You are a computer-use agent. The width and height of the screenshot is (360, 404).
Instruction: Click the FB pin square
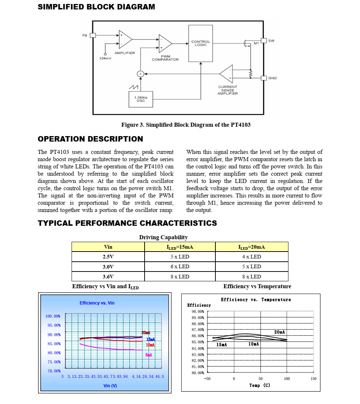click(x=93, y=35)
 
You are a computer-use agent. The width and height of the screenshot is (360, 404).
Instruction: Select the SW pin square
click(x=264, y=41)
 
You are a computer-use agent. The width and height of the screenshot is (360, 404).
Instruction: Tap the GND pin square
click(x=264, y=78)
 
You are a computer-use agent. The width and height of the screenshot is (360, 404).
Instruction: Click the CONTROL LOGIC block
click(x=201, y=43)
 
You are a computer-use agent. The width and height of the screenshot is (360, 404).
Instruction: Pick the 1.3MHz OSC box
click(x=141, y=99)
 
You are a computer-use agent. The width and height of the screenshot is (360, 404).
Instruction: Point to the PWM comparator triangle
click(x=165, y=44)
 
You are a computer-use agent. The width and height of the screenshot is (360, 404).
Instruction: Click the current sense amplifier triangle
click(x=227, y=74)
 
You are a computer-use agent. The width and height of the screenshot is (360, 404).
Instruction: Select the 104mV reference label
click(x=105, y=58)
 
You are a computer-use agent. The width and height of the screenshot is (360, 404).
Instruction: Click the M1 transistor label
click(x=256, y=43)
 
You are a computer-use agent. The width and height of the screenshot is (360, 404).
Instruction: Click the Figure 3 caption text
click(x=186, y=125)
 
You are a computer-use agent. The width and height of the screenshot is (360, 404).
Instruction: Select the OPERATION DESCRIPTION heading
click(x=90, y=139)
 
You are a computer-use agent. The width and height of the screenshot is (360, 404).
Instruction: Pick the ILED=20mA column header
click(x=251, y=247)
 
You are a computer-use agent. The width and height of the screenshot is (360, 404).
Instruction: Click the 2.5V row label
click(x=108, y=257)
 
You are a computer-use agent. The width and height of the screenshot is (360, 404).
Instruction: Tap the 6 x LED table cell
click(x=180, y=266)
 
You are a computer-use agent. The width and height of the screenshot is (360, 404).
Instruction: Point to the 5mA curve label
click(x=149, y=355)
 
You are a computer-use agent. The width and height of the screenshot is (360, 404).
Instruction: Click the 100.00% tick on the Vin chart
click(x=53, y=316)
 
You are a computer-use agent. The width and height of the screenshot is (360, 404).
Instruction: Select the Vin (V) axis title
click(x=110, y=385)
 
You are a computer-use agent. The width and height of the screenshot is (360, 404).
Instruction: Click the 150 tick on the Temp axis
click(x=313, y=379)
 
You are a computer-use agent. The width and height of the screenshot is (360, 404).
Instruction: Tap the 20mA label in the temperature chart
click(x=279, y=332)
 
